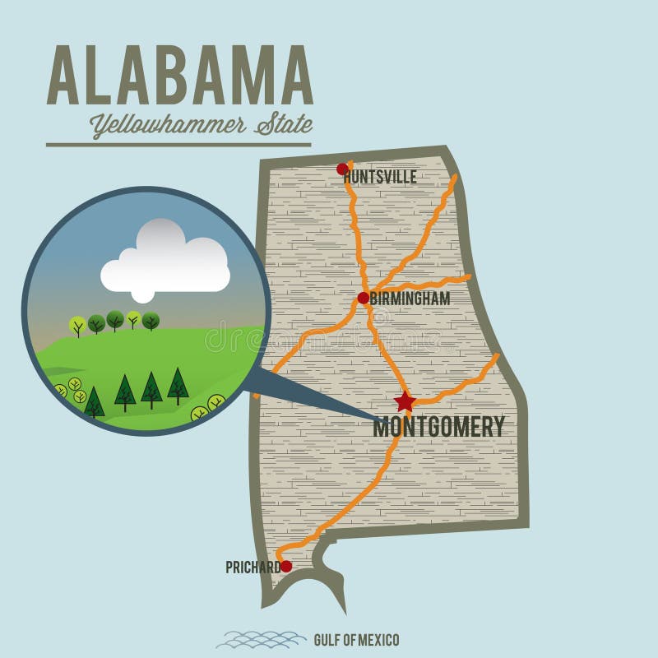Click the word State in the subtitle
point(284,125)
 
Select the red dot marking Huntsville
point(343,169)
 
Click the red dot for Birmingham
point(363,298)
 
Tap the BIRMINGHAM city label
point(410,299)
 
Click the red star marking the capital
point(405,401)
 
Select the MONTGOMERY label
point(438,427)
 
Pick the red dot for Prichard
point(286,566)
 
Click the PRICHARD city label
point(252,567)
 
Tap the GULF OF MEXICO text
point(356,639)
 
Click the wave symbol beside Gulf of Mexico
point(261,639)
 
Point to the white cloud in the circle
point(164,262)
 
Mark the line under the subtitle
point(178,145)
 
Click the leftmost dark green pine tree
point(95,401)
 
